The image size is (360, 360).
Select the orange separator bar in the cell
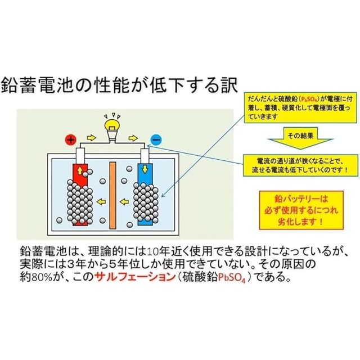112,195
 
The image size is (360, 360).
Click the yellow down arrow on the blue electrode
145,168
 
